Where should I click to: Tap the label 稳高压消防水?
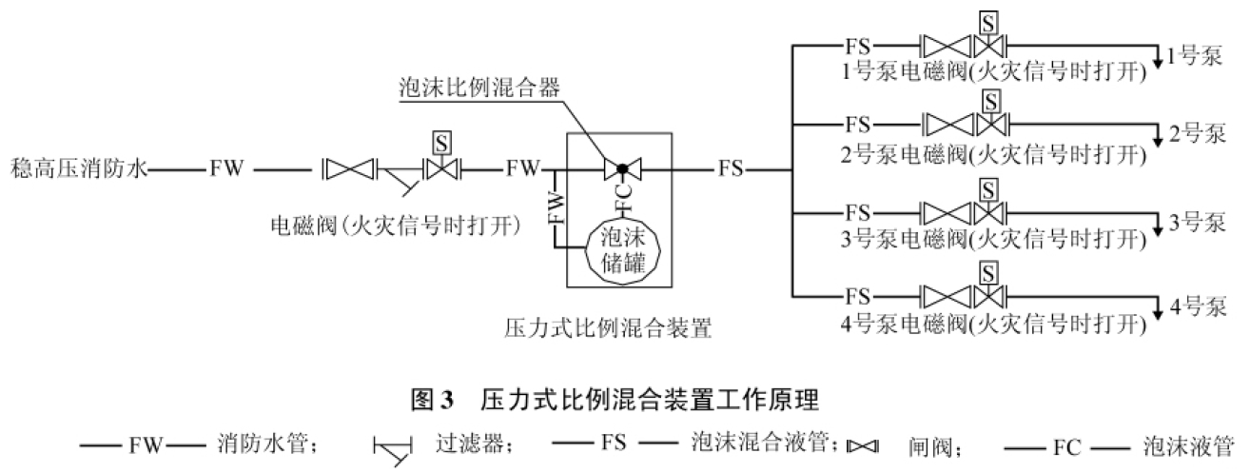[x=78, y=169]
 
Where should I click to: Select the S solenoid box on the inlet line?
[x=440, y=143]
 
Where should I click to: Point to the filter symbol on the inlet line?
[x=399, y=176]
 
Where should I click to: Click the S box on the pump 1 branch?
[x=990, y=21]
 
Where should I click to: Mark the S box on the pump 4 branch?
[x=990, y=272]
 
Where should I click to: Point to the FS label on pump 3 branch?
[x=858, y=212]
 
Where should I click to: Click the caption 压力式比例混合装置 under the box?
[x=609, y=329]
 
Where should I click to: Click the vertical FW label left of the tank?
[x=555, y=208]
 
